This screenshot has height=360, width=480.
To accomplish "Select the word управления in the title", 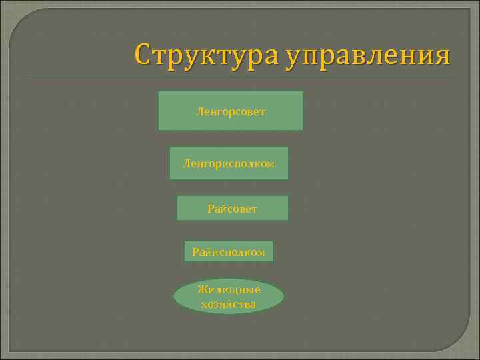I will (368, 55).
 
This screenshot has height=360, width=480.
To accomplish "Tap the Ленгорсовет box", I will (230, 111).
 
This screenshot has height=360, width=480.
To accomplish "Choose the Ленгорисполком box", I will (229, 163).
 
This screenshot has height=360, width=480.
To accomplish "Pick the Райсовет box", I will (232, 209).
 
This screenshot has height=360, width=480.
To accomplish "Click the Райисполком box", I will (228, 252).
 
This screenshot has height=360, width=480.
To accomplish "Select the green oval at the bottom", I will (229, 297).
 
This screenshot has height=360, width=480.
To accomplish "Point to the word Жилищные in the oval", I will (229, 289).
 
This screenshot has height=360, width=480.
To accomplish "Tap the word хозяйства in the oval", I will (229, 305).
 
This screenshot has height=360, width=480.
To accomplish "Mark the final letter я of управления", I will (442, 56).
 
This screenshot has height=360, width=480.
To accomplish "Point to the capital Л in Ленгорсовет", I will (199, 111).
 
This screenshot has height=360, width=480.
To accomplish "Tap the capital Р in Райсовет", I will (211, 209).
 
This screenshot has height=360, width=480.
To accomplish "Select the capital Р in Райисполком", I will (195, 252).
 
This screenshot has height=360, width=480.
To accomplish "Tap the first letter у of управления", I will (293, 58).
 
